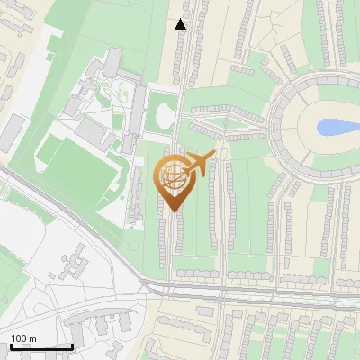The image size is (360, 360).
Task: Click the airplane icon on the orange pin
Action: pos(200,163)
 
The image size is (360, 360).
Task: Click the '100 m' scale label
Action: pos(23,338)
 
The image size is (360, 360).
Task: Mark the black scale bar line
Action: pos(41,346)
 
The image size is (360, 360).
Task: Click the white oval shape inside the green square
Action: pos(163,114)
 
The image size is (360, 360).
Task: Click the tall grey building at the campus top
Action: pos(112,63)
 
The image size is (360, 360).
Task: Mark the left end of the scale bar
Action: pos(11,346)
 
